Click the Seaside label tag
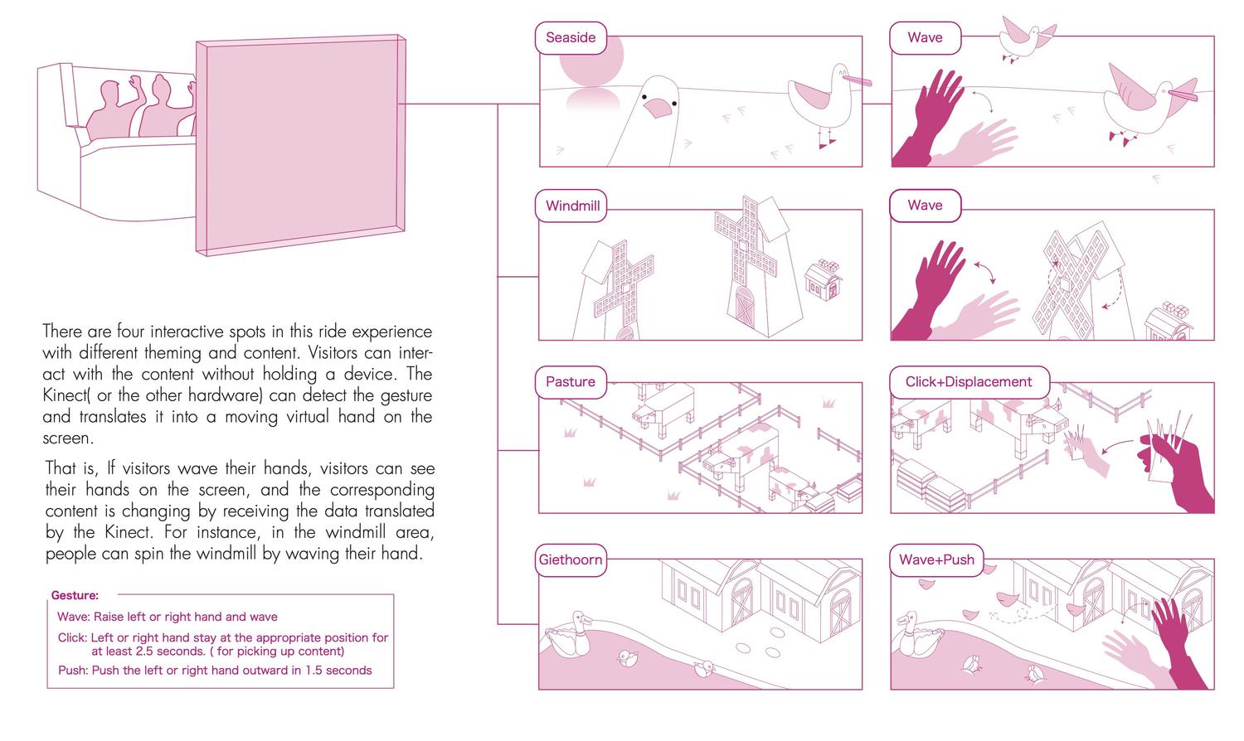pyautogui.click(x=571, y=38)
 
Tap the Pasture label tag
pyautogui.click(x=571, y=382)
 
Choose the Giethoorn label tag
pyautogui.click(x=571, y=560)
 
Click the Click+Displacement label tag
pyautogui.click(x=969, y=382)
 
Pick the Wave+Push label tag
pyautogui.click(x=936, y=560)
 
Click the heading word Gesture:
pyautogui.click(x=75, y=596)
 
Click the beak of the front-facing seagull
pyautogui.click(x=658, y=109)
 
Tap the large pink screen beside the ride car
pyautogui.click(x=300, y=145)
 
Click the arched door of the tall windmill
pyautogui.click(x=745, y=306)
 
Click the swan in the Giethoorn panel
pyautogui.click(x=569, y=635)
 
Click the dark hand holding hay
pyautogui.click(x=1174, y=472)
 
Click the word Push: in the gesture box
pyautogui.click(x=73, y=671)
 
